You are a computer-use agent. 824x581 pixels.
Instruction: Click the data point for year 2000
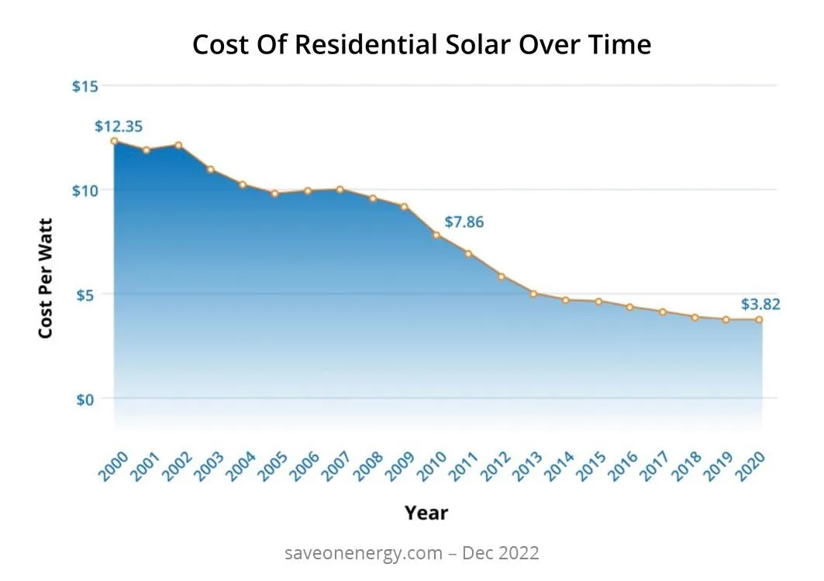point(114,141)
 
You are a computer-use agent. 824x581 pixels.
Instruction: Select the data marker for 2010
point(436,235)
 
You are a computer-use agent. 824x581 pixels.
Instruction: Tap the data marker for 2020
point(759,319)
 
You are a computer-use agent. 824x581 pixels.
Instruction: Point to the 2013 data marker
point(533,294)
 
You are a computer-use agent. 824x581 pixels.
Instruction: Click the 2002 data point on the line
point(178,145)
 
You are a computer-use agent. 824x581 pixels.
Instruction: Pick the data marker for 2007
point(340,189)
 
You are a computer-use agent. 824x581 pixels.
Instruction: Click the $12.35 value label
point(119,126)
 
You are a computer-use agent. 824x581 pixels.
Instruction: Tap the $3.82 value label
point(760,304)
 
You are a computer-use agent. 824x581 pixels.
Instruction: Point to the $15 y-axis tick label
point(85,86)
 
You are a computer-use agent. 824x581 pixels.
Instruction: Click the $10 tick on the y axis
point(85,191)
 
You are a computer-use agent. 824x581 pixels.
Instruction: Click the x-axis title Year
point(426,512)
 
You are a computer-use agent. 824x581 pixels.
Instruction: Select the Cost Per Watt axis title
point(46,277)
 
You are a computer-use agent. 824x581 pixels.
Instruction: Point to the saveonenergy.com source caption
point(412,553)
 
